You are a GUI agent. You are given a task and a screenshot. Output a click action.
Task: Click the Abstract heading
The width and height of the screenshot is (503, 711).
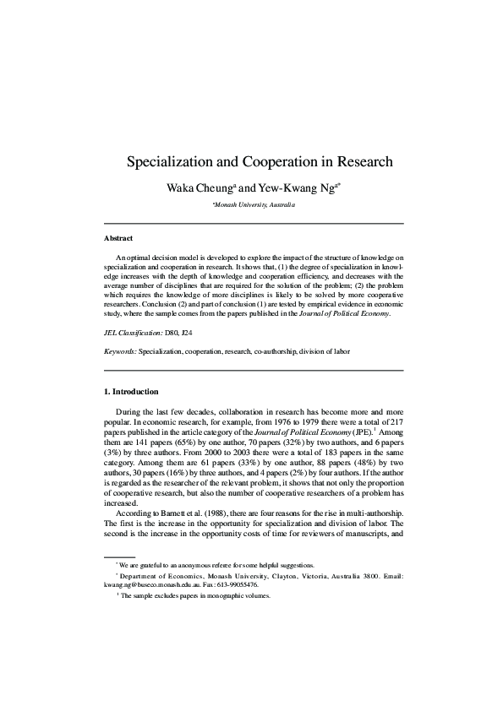pos(118,238)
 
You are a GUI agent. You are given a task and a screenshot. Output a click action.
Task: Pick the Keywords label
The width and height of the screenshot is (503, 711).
pos(119,350)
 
